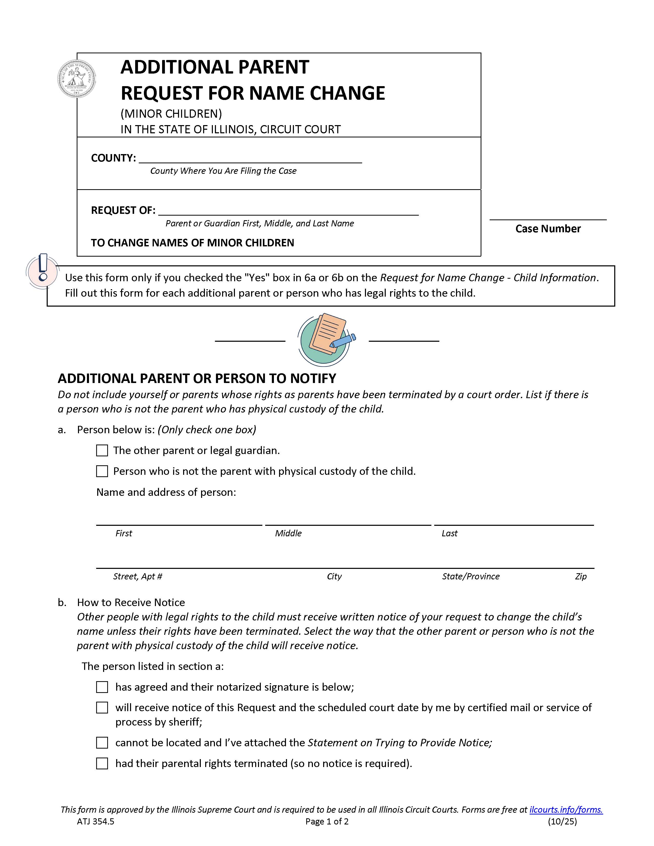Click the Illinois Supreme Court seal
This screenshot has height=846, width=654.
tap(77, 79)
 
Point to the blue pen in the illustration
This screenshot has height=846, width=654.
tap(343, 340)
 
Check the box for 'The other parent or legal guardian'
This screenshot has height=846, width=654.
tap(102, 450)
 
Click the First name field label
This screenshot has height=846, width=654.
tap(124, 533)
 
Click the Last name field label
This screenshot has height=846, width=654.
tap(449, 533)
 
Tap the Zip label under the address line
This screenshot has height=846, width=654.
tap(580, 576)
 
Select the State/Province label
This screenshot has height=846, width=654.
tap(470, 576)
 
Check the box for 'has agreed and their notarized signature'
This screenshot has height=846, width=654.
tap(102, 687)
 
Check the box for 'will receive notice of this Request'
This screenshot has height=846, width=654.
tap(102, 708)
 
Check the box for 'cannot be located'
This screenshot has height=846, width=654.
tap(102, 743)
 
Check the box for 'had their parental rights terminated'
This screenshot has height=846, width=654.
tap(102, 763)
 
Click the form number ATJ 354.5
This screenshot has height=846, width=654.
tap(95, 821)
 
